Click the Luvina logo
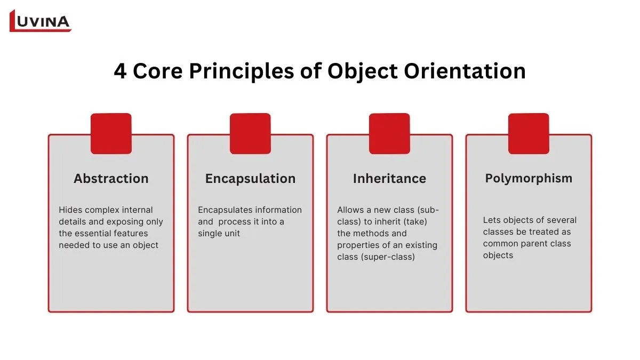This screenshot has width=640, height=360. (x=41, y=21)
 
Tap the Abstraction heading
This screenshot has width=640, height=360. (x=111, y=179)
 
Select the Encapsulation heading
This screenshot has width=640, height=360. (x=250, y=179)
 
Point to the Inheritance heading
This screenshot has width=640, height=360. (x=389, y=179)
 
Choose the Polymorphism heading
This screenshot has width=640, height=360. (x=529, y=178)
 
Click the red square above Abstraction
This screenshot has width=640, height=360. (x=111, y=133)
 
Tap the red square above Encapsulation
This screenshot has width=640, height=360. (x=250, y=133)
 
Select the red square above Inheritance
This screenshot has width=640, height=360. (x=389, y=133)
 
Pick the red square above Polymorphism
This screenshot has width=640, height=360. (x=529, y=133)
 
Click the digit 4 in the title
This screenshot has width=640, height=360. (x=121, y=71)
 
